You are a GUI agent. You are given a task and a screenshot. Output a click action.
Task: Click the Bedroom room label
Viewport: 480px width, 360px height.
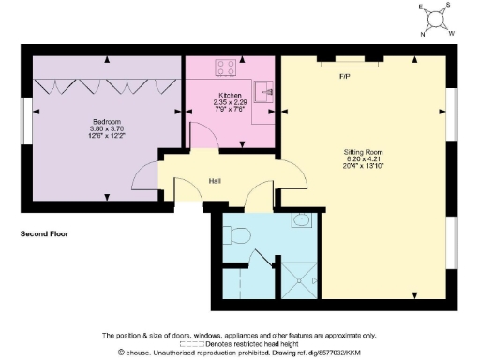104,121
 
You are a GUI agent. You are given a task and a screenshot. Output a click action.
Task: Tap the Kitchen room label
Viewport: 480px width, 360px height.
231,95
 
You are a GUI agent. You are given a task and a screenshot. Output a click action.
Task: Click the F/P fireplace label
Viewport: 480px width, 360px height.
344,77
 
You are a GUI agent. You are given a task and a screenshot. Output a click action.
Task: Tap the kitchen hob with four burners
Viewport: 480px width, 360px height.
226,67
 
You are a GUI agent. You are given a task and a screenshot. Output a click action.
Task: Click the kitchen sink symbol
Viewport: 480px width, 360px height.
264,91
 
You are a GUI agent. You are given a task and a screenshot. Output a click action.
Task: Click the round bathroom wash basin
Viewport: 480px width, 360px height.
301,221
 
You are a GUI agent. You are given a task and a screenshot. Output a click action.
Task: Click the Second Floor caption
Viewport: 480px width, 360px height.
43,233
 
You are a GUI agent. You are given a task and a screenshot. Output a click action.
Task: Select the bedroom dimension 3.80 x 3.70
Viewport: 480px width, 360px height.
104,128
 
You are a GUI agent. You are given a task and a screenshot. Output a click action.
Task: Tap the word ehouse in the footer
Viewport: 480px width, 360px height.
142,352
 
